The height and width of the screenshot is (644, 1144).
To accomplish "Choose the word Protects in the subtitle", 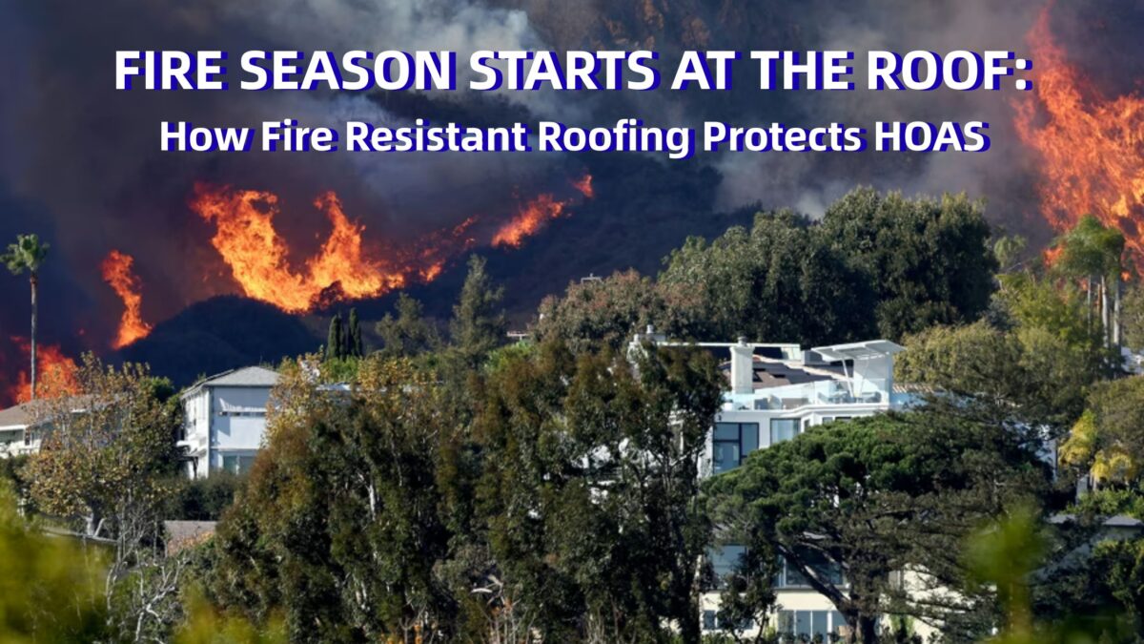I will click(782, 136).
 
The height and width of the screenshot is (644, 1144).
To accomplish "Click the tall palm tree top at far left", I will click(26, 255).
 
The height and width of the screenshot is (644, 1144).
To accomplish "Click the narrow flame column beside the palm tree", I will click(126, 298).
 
